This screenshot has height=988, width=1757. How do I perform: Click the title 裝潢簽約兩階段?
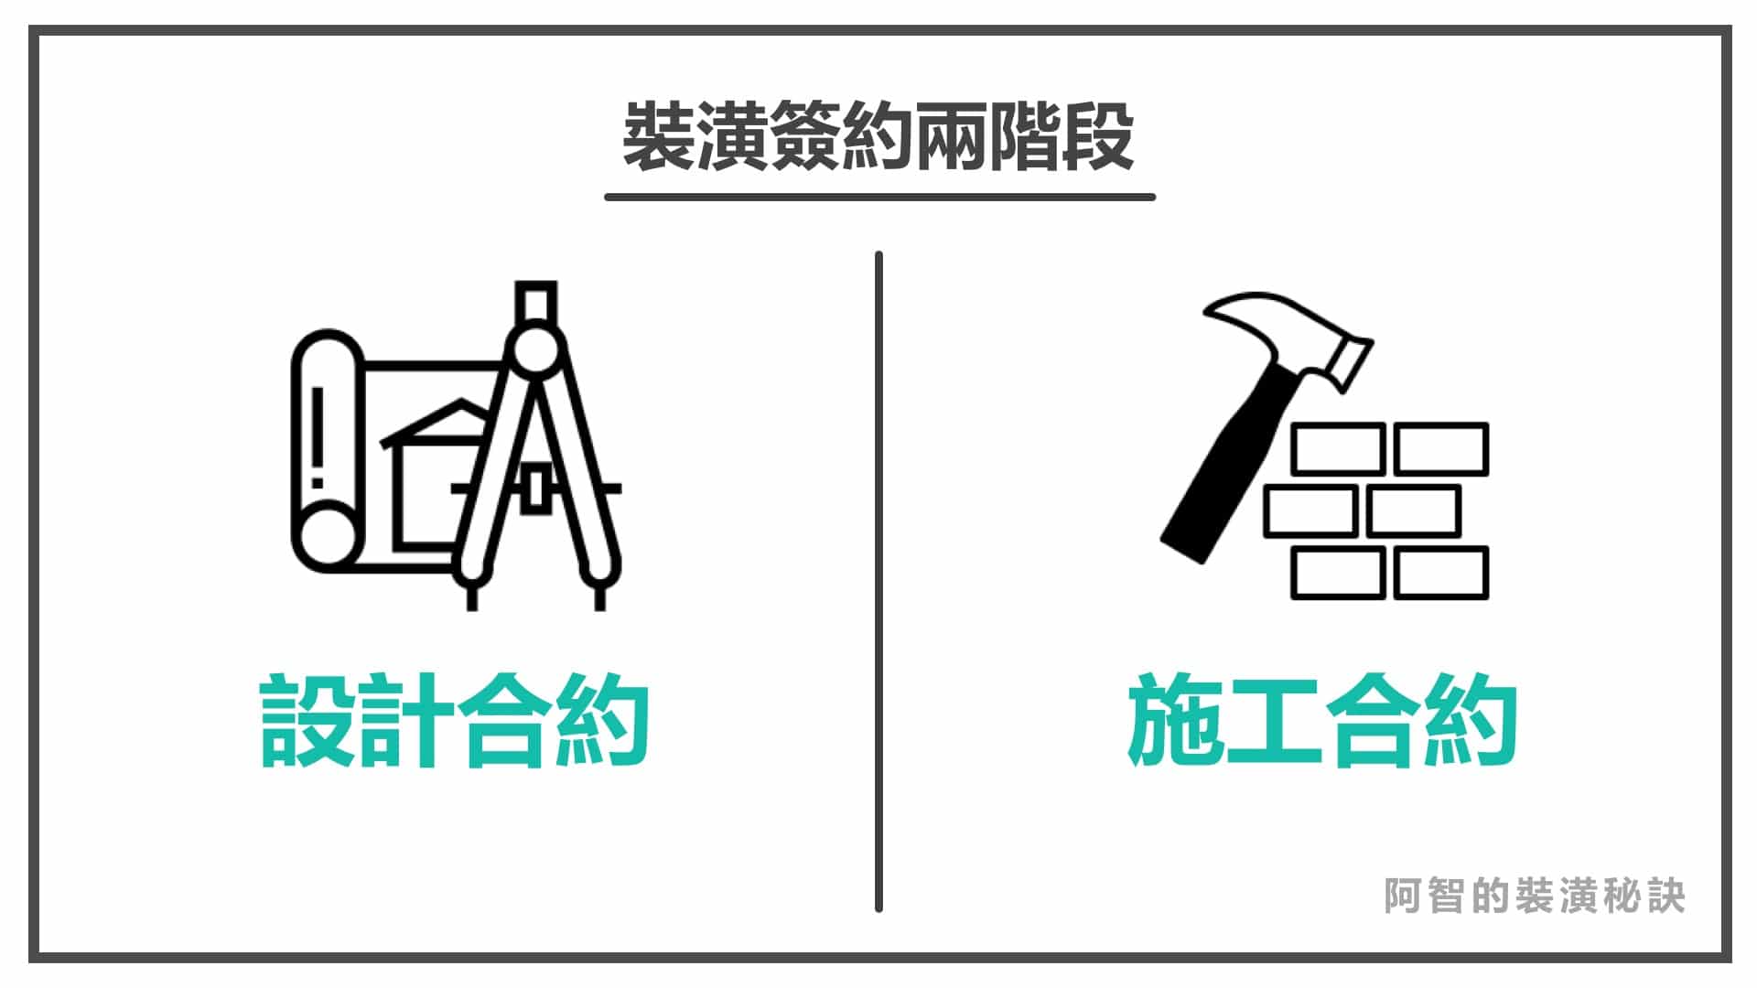coord(878,136)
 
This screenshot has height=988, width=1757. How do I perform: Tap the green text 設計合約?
coord(455,721)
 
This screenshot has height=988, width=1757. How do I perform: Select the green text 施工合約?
coord(1322,721)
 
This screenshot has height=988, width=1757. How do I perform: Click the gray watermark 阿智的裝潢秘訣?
coord(1535,896)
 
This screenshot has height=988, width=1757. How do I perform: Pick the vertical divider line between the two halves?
coord(878,582)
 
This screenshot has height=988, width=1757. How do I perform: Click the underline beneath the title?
coord(879,196)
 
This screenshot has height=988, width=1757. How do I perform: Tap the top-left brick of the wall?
coord(1337,448)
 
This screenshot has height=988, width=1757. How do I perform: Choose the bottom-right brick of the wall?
coord(1441,573)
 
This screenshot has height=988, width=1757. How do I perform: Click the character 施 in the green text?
coord(1175,721)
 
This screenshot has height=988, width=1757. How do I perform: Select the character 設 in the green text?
coord(307,721)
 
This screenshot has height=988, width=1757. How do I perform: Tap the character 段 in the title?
coord(1099,136)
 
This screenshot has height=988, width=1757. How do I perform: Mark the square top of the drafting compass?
coord(535,299)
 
